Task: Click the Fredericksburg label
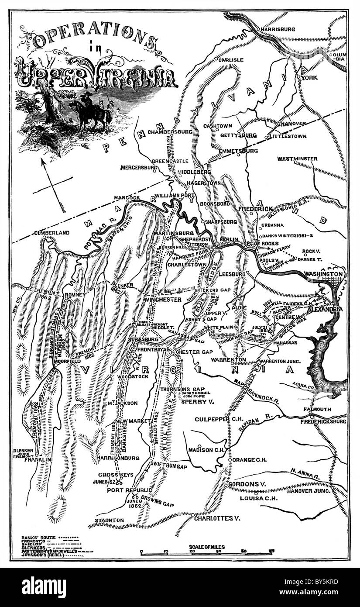point(326,422)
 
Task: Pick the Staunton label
point(110,520)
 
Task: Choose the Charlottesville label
point(218,519)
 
